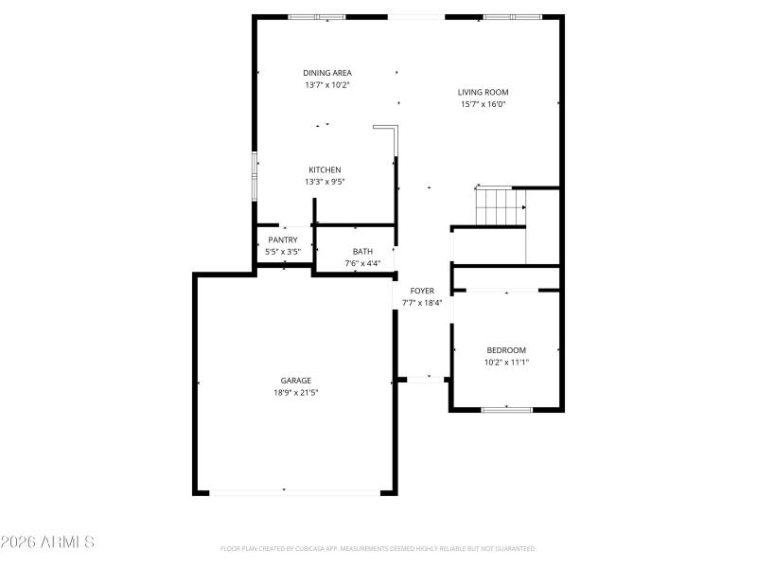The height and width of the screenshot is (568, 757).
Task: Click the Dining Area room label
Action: (x=327, y=73)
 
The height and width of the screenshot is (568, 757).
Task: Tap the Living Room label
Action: (x=484, y=93)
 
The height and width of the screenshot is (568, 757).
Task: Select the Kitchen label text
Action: (x=325, y=170)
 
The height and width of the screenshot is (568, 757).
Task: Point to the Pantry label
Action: (x=283, y=240)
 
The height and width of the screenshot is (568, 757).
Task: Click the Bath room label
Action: (x=363, y=252)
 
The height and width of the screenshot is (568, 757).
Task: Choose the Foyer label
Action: (x=422, y=291)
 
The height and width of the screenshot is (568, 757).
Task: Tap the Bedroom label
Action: (x=506, y=350)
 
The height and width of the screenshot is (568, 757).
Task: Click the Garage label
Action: (x=295, y=381)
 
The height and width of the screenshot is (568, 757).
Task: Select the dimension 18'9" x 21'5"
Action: (x=295, y=393)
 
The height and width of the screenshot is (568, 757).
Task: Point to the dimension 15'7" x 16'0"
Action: (x=484, y=105)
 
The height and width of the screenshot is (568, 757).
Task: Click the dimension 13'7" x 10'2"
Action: (x=327, y=85)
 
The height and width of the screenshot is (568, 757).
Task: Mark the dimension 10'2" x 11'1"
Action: (x=506, y=362)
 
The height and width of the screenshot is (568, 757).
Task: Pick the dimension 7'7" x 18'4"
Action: (x=422, y=303)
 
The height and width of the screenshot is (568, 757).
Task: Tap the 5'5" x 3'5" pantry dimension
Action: (x=283, y=252)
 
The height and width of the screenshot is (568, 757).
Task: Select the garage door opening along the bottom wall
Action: (x=294, y=491)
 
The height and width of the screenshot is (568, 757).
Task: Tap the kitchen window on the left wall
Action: (x=254, y=176)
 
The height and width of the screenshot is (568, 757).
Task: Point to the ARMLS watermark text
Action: (x=48, y=542)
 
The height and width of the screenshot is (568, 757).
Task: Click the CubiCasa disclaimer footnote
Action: (x=378, y=548)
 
